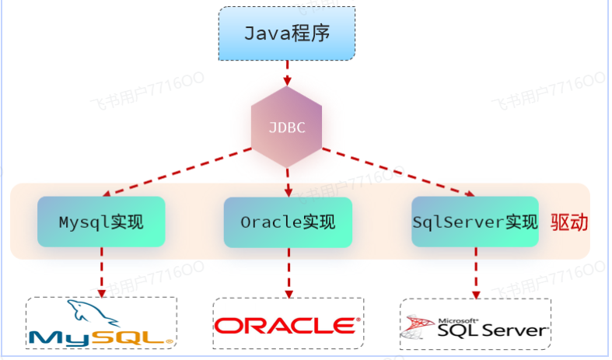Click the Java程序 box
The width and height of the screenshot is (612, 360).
click(287, 34)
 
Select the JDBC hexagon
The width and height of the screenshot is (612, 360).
click(287, 127)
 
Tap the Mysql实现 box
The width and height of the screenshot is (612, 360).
click(101, 222)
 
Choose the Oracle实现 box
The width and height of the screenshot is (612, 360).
click(287, 222)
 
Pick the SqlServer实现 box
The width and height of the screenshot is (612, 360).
click(474, 222)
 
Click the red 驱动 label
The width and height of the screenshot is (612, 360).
click(569, 222)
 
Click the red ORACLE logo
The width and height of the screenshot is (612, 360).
click(288, 324)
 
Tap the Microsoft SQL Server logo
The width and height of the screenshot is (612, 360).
click(475, 327)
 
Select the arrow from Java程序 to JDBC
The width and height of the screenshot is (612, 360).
click(287, 73)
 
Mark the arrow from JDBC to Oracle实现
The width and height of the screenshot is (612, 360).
click(288, 180)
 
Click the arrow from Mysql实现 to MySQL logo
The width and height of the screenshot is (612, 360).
click(102, 271)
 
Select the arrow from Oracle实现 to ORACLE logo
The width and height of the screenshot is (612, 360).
click(288, 271)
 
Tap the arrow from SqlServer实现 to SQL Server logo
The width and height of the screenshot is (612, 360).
click(475, 272)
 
